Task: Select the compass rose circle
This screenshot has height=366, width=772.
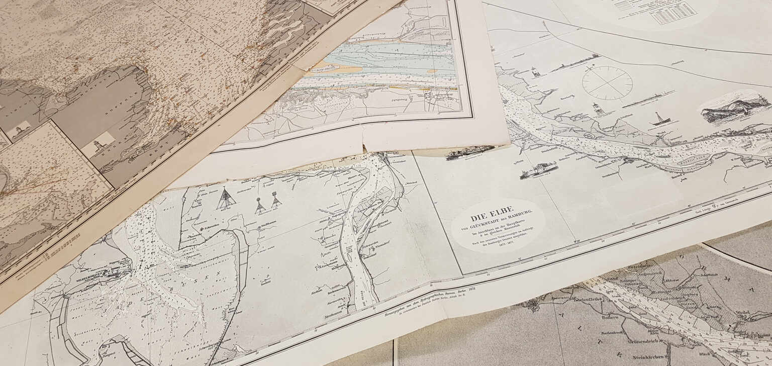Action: pos(607,82)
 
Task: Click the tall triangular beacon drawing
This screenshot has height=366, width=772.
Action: pos(226,199)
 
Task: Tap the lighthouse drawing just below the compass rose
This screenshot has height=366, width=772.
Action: pos(597,109)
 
